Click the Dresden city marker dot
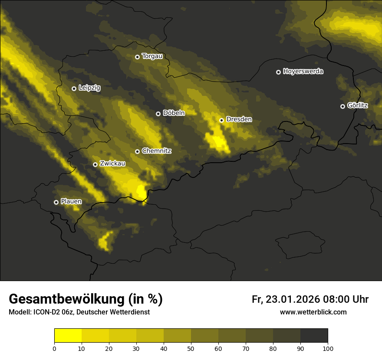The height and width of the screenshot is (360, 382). [x=221, y=120]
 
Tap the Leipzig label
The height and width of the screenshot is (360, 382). [x=89, y=88]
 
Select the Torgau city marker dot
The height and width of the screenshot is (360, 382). [x=137, y=57]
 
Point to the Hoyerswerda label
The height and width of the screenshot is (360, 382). [x=303, y=72]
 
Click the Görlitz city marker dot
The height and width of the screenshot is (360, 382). [x=342, y=106]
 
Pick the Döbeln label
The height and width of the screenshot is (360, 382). [x=174, y=113]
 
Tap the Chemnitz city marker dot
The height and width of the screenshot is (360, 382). [x=137, y=151]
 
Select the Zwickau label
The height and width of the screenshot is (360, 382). [x=112, y=164]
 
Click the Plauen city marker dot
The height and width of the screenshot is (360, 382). [x=56, y=202]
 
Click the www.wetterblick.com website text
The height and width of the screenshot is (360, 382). [x=313, y=312]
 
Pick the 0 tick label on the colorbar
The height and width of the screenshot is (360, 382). [x=54, y=348]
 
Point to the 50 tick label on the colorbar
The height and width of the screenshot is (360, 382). [x=191, y=348]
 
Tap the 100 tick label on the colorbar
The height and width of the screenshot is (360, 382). [x=328, y=348]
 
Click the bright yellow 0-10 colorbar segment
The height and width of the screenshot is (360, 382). [x=68, y=336]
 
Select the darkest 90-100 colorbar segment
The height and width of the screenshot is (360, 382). [x=314, y=336]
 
